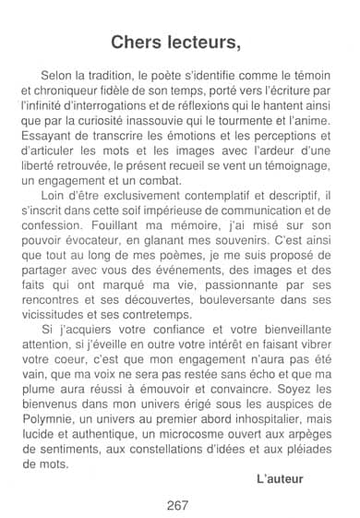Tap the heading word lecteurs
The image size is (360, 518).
(x=204, y=42)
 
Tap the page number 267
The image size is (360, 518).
(x=179, y=505)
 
